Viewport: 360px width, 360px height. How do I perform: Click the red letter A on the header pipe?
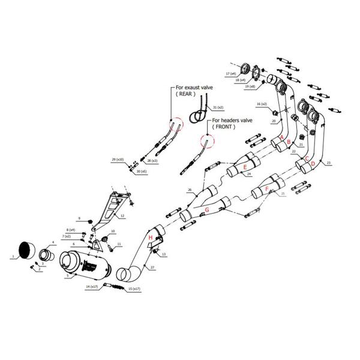tap(281, 137)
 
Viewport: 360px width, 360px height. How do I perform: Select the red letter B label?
tap(290, 142)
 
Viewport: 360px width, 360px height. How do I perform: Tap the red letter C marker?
tap(307, 159)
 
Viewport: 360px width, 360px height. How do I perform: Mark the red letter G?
tap(207, 211)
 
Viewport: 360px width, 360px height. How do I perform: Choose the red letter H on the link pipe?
tap(151, 238)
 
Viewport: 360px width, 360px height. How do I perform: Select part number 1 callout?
tap(13, 256)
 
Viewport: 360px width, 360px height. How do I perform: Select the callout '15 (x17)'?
tap(134, 289)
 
